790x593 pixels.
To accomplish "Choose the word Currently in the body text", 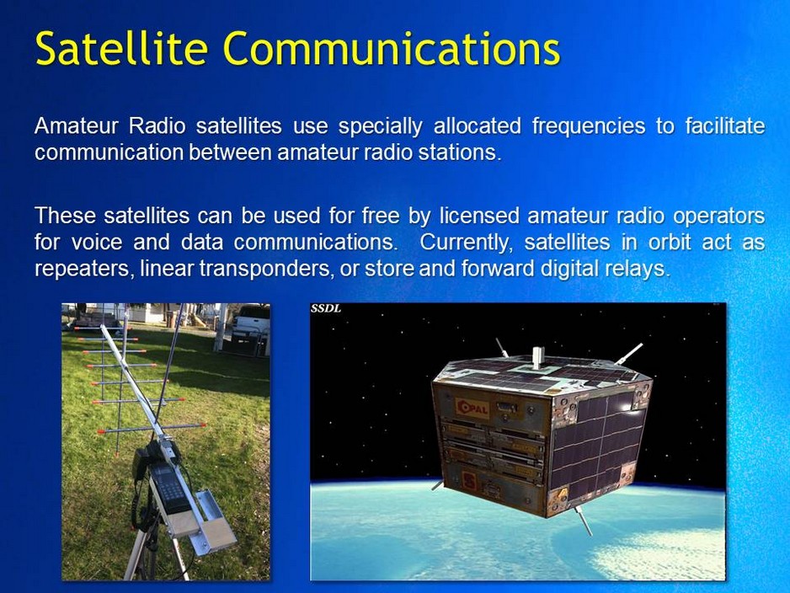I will coord(467,243).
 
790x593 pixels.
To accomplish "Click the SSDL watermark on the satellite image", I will coord(326,309).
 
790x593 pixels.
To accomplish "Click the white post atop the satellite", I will coord(537,358).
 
